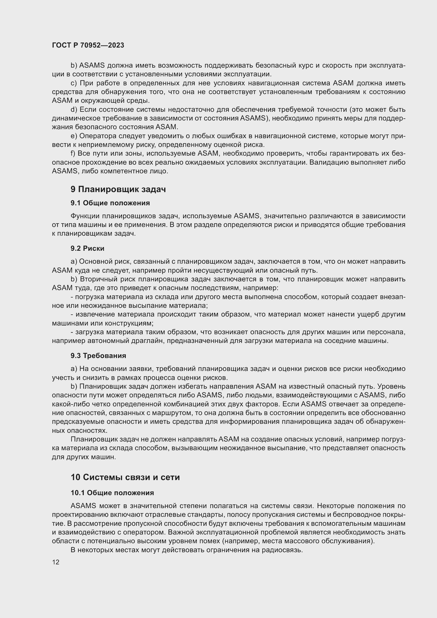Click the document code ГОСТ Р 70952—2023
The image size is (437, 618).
(x=88, y=45)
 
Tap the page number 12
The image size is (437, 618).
(x=56, y=562)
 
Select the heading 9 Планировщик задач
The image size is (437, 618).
(x=118, y=189)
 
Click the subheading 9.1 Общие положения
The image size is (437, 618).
(x=110, y=203)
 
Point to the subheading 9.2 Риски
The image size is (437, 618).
(x=87, y=248)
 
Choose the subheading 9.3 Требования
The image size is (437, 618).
(x=98, y=356)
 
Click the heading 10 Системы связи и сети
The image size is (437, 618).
(x=125, y=477)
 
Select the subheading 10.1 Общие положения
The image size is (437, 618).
(x=112, y=493)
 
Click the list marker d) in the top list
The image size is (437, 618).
(x=74, y=110)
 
